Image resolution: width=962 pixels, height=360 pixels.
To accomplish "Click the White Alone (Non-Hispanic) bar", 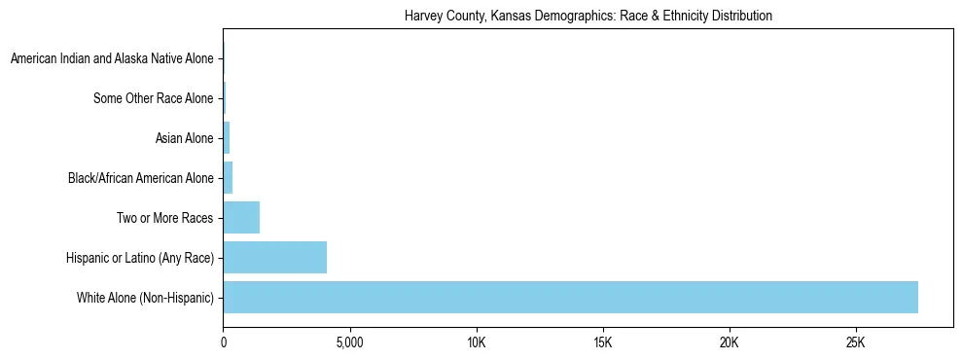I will (x=570, y=297).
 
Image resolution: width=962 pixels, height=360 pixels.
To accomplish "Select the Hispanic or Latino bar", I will (x=275, y=258).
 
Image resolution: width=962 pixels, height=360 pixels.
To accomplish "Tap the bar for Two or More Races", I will (x=241, y=218).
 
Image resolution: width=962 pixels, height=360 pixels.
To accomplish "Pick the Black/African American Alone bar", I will (x=228, y=178).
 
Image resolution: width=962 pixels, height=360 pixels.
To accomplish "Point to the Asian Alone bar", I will (x=227, y=138).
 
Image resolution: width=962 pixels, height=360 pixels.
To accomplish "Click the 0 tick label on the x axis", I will (x=224, y=343).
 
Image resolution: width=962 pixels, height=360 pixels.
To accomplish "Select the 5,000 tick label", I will (x=349, y=343).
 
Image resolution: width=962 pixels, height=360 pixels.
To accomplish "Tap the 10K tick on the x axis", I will (x=477, y=343).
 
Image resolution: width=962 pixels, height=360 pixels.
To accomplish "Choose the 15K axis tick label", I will (x=603, y=343).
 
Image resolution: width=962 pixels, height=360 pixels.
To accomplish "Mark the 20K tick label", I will (x=730, y=343).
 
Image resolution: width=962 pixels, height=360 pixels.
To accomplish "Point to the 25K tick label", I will (x=856, y=343).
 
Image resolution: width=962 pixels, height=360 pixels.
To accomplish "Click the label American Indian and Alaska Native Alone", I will (x=112, y=59).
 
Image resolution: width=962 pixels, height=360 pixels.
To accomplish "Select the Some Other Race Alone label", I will (x=154, y=98).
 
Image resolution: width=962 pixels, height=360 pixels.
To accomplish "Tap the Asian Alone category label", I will (x=184, y=138).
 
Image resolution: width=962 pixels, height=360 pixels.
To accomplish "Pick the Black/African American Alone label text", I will (x=141, y=178).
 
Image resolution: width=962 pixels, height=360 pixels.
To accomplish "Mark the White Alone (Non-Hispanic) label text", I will (x=145, y=298).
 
